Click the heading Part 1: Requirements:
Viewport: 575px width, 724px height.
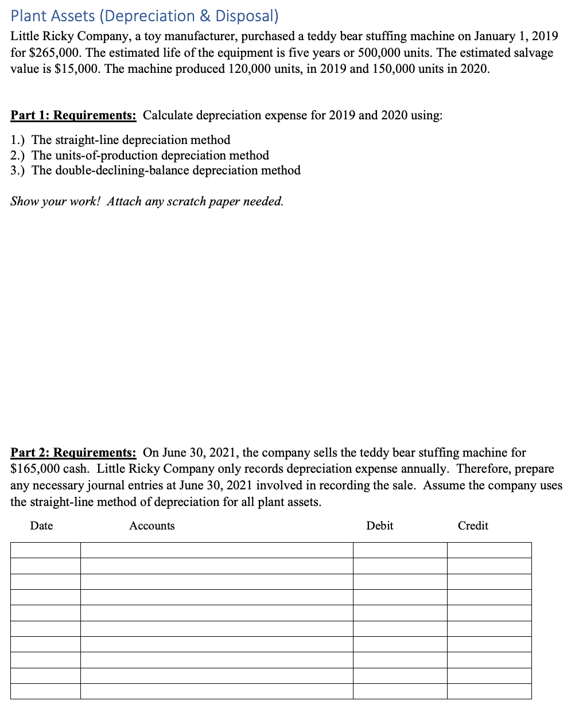coord(73,115)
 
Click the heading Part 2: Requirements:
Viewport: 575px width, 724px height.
coord(73,453)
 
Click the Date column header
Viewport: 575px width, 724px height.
coord(41,526)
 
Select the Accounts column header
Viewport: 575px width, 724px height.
coord(151,526)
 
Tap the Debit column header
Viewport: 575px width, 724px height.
coord(379,526)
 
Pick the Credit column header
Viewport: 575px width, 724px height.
coord(473,526)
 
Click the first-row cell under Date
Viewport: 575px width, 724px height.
coord(45,550)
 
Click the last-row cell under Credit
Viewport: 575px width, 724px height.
coord(489,691)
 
